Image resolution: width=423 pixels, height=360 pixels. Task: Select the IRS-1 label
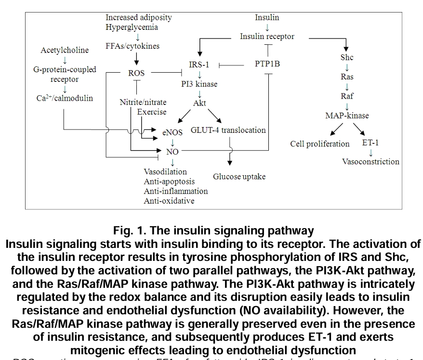(x=199, y=64)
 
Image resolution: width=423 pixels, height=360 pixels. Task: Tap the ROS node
(x=136, y=73)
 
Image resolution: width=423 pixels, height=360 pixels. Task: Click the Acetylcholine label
(x=65, y=50)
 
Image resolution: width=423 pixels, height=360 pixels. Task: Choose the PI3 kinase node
(x=199, y=84)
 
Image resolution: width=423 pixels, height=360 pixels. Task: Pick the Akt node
(x=199, y=103)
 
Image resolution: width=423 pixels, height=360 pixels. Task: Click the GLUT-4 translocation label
(x=228, y=130)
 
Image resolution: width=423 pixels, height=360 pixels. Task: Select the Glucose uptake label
(x=239, y=177)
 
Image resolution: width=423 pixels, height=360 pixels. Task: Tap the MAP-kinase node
(x=347, y=116)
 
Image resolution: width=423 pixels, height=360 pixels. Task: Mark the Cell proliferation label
(x=320, y=144)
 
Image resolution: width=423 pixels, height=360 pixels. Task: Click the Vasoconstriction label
(x=370, y=162)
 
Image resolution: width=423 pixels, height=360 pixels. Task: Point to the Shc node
(x=347, y=57)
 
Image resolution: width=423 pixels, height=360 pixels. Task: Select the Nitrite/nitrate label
(x=143, y=102)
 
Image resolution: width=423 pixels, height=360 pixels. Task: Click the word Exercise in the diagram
(x=152, y=112)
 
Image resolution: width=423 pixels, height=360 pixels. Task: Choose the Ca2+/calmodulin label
(x=65, y=98)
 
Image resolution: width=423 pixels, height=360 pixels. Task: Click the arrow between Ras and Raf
(x=347, y=87)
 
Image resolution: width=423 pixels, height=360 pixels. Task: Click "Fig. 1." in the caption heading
(x=129, y=231)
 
